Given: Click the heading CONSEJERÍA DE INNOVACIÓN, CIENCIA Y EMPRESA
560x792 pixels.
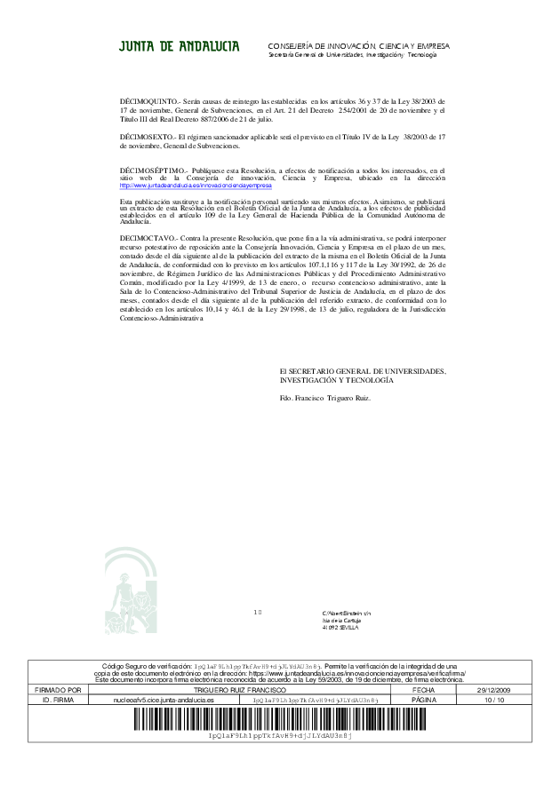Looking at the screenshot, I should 358,45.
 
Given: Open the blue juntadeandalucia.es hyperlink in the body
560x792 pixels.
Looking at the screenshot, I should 196,186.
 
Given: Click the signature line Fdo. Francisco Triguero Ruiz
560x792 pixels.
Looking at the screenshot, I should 324,397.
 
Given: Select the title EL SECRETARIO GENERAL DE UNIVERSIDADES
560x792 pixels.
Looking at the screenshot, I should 363,371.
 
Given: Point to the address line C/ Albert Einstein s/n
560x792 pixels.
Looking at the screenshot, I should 346,614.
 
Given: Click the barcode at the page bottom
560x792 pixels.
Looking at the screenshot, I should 279,719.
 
